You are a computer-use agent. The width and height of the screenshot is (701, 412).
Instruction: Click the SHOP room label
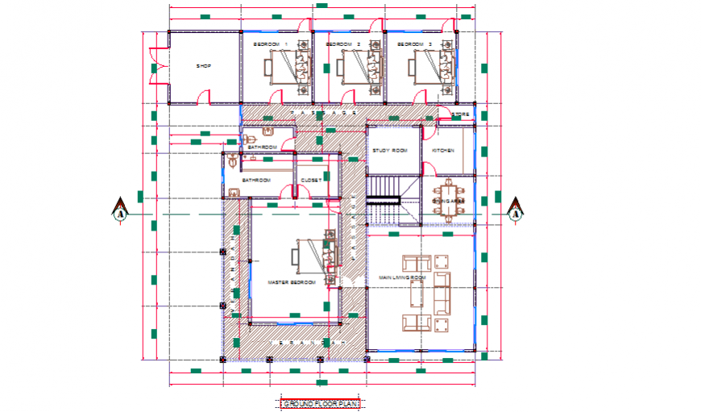tap(203, 66)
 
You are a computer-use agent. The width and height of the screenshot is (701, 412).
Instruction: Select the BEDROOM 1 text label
tap(270, 44)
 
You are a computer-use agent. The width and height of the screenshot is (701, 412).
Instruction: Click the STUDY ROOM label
tap(389, 151)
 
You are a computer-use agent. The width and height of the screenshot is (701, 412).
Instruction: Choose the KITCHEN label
tap(443, 151)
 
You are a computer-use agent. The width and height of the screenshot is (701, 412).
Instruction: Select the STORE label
tap(460, 114)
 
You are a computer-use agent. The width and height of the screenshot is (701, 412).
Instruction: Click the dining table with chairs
tap(448, 201)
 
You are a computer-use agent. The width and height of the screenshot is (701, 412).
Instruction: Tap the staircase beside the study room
tap(384, 197)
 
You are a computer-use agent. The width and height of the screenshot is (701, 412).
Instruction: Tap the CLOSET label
tap(311, 180)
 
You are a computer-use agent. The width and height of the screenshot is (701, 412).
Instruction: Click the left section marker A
tap(120, 212)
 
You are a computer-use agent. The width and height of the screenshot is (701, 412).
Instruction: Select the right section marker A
tap(515, 212)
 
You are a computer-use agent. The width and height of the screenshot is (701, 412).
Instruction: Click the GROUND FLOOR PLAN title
tap(319, 403)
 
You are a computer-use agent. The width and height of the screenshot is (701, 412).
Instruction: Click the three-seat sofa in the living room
tap(442, 293)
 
